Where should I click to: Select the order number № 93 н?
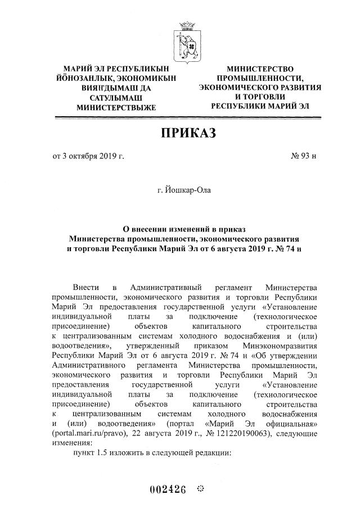click(304, 156)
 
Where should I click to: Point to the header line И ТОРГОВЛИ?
click(260, 97)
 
